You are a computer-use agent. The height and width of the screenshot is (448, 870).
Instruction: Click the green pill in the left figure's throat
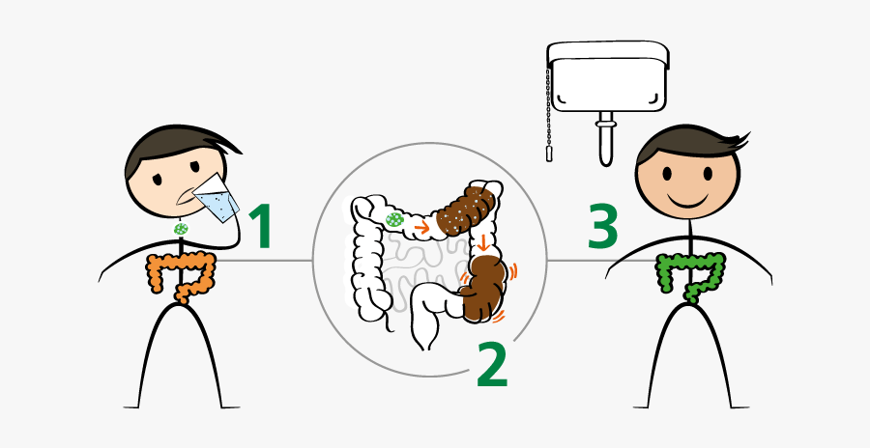181,229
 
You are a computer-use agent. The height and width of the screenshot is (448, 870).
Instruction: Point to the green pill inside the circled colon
393,220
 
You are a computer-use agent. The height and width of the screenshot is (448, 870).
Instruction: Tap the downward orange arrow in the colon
482,240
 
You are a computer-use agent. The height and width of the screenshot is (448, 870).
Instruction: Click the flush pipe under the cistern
605,140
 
